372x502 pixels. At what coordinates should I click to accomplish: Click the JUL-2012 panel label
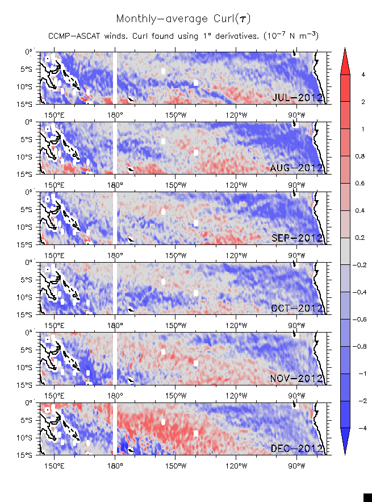pos(298,98)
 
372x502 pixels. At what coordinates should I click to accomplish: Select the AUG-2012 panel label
pos(298,168)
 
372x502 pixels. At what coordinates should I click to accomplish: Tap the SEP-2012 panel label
pos(298,238)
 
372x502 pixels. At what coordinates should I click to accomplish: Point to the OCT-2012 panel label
pos(298,308)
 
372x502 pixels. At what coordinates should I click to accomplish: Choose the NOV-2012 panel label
pos(298,378)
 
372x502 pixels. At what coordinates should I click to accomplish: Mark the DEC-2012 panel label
pos(298,449)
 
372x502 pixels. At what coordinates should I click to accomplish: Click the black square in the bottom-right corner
pos(367,497)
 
